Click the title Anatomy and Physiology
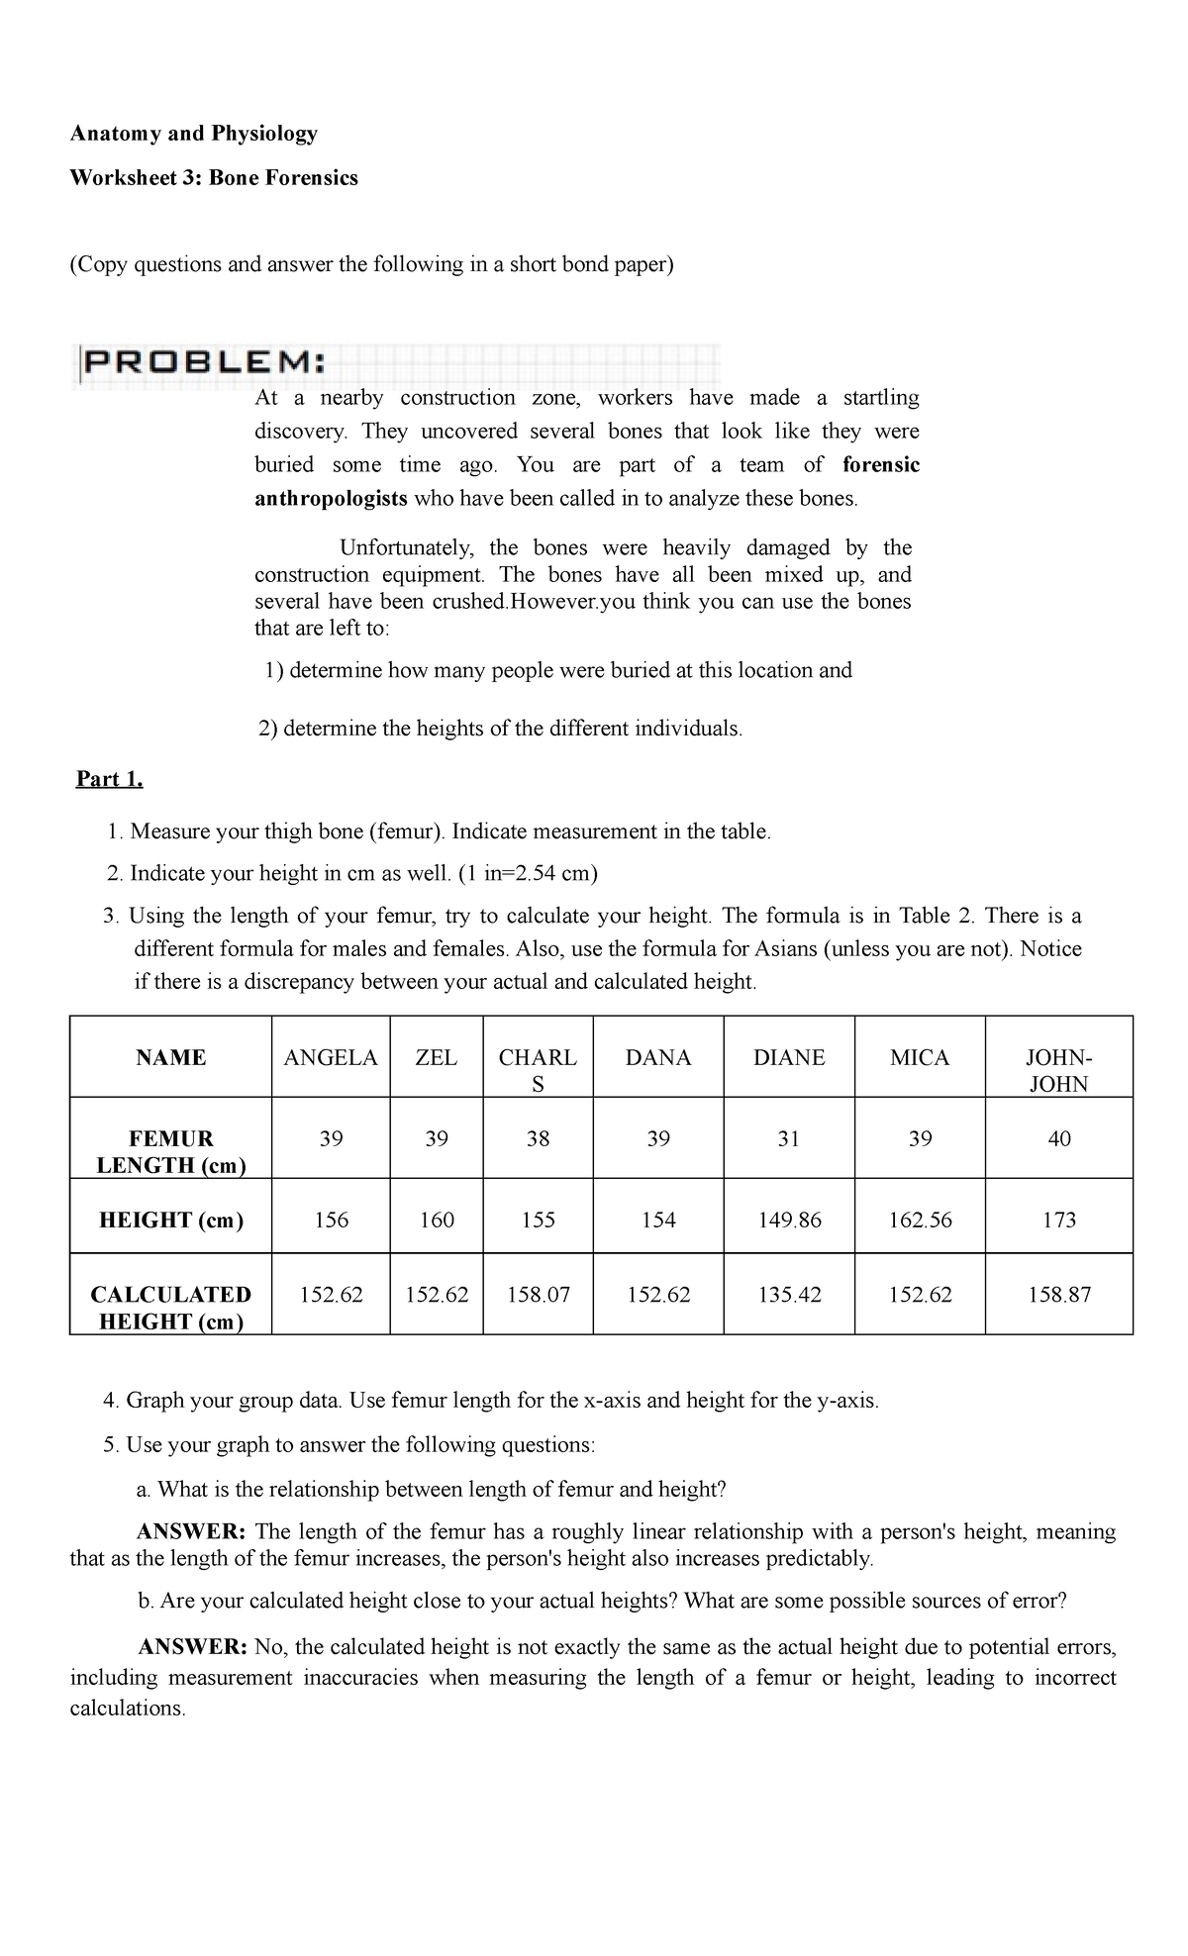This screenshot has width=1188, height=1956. (193, 133)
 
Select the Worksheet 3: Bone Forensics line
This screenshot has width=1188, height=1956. (213, 178)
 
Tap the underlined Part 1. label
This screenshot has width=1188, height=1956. (110, 779)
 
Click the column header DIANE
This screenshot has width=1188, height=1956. (788, 1057)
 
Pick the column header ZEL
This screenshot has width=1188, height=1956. (436, 1057)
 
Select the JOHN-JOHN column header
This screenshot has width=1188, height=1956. (1058, 1070)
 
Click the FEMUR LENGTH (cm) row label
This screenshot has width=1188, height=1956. (170, 1151)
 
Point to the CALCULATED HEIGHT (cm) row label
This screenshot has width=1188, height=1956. (170, 1308)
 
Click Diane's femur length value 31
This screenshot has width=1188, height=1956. (788, 1138)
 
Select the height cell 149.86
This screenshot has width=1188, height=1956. (788, 1220)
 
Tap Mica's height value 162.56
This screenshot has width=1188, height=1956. (920, 1220)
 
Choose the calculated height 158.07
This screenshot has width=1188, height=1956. (538, 1294)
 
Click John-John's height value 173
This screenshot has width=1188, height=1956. (1058, 1220)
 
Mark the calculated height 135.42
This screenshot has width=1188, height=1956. (788, 1294)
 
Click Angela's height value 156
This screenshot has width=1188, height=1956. (331, 1220)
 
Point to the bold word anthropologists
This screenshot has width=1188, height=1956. (331, 499)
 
